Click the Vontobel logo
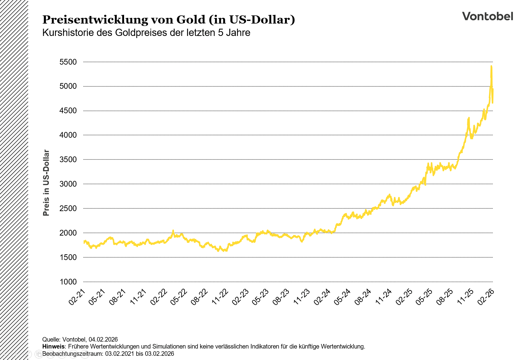pyautogui.click(x=487, y=16)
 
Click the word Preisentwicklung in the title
pyautogui.click(x=95, y=20)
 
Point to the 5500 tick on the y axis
pyautogui.click(x=68, y=62)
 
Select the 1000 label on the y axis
pyautogui.click(x=68, y=282)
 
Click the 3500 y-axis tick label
pyautogui.click(x=68, y=159)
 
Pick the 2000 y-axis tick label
pyautogui.click(x=68, y=233)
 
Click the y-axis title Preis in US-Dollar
pyautogui.click(x=46, y=183)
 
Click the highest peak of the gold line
pyautogui.click(x=491, y=66)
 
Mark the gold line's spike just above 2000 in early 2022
pyautogui.click(x=173, y=231)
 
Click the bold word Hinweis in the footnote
pyautogui.click(x=53, y=346)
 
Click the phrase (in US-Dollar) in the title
pyautogui.click(x=251, y=20)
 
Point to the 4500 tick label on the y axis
pyautogui.click(x=68, y=111)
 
